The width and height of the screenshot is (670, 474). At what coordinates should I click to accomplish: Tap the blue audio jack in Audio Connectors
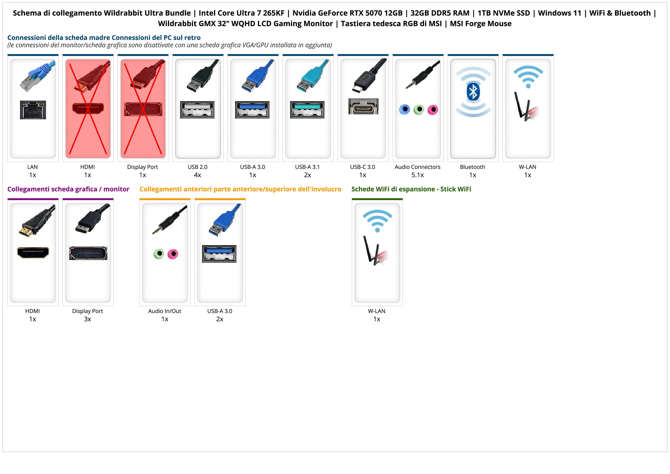coord(405,110)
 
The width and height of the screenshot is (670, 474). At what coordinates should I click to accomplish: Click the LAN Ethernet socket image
coord(33,110)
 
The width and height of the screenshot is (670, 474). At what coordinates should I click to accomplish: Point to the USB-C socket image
coord(363,106)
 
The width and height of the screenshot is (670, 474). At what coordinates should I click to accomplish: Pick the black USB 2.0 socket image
coord(197,110)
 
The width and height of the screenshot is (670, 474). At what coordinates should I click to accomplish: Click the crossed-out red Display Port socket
coord(143,109)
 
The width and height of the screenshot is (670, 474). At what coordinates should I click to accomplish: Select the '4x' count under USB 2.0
coord(197,175)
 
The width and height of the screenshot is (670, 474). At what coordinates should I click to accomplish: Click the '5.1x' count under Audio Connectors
coord(418,175)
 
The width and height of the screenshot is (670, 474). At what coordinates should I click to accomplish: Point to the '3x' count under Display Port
coord(87,319)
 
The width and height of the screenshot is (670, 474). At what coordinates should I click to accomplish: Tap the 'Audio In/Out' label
coord(165,311)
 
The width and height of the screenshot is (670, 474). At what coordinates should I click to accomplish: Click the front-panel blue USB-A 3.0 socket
coord(219,254)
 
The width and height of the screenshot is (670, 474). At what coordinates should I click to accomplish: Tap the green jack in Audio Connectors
coord(419,110)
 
